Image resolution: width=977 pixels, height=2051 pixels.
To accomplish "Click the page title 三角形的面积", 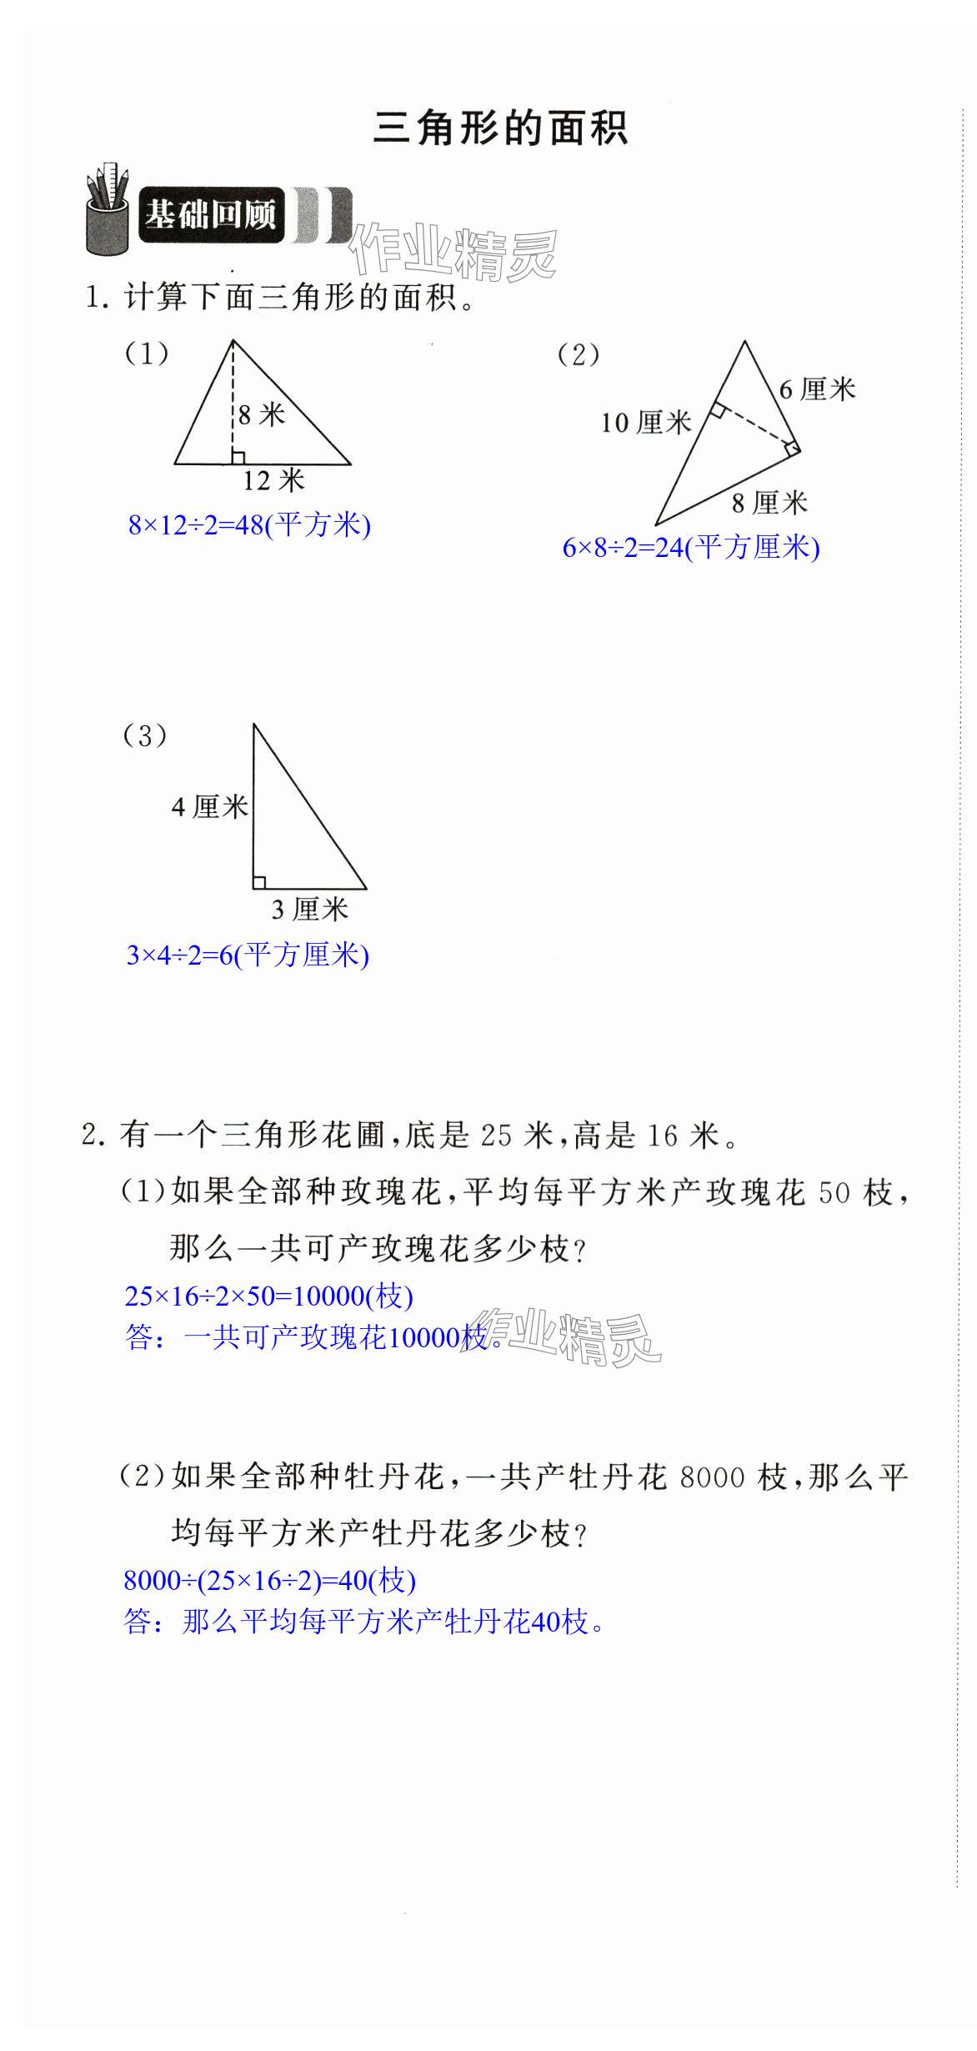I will [x=500, y=129].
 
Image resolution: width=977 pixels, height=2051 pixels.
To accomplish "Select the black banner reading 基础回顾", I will [x=210, y=215].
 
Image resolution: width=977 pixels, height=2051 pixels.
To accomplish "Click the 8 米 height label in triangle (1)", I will [x=261, y=414].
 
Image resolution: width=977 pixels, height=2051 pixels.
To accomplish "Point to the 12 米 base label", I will [x=273, y=480].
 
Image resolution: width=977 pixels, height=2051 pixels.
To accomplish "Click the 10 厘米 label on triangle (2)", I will [x=646, y=423].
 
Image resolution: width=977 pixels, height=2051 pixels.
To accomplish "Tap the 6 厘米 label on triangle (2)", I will [x=817, y=389].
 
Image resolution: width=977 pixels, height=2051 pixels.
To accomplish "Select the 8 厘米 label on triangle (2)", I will [x=769, y=503].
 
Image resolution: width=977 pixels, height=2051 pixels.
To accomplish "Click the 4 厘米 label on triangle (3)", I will [x=209, y=806].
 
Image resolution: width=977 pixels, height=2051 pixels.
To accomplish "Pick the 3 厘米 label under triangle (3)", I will [x=309, y=909].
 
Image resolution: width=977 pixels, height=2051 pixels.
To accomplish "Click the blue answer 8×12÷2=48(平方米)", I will [x=249, y=525].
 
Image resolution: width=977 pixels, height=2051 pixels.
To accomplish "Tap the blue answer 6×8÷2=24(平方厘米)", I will [x=691, y=548].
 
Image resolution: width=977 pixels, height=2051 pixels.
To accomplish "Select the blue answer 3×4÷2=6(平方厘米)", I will [x=248, y=955].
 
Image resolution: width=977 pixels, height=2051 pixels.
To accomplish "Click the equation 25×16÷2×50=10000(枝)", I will [x=268, y=1296].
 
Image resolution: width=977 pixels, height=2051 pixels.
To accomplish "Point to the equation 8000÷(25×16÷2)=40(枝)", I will [x=269, y=1580].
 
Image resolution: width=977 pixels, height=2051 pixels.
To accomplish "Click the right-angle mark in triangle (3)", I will [x=259, y=882].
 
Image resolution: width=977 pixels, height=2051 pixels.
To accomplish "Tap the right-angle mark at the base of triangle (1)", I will [x=238, y=457].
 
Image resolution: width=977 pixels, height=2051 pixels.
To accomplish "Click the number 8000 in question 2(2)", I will [x=711, y=1478].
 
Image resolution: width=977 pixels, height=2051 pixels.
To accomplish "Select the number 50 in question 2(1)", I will [x=834, y=1193].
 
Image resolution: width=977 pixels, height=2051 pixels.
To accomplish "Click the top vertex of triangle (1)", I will [x=233, y=341].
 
